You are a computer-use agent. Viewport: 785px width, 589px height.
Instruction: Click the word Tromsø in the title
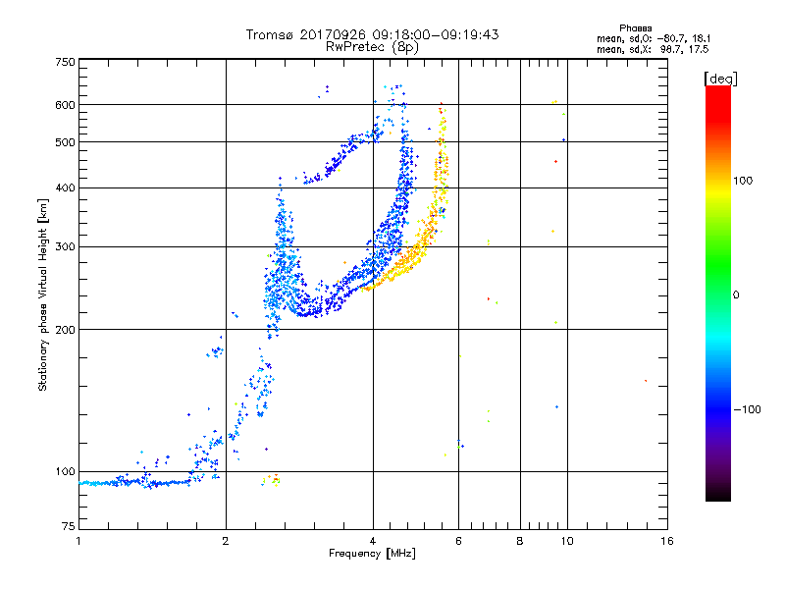(x=271, y=34)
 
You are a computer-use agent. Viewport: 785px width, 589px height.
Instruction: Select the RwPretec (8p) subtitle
(x=372, y=47)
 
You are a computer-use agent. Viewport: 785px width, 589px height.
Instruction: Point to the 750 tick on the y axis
(x=65, y=62)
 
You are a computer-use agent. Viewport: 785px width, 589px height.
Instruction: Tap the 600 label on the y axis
(x=65, y=105)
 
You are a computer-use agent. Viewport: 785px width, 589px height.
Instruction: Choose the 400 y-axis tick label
(x=65, y=187)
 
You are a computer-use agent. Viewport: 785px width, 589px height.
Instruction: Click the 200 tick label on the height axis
(x=65, y=330)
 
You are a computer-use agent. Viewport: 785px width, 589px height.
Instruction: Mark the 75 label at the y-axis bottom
(x=69, y=526)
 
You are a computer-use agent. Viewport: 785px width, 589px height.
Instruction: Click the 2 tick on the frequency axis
(x=226, y=541)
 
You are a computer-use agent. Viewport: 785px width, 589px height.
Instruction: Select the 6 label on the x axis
(x=458, y=541)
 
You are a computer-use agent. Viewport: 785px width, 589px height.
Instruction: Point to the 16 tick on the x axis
(x=667, y=541)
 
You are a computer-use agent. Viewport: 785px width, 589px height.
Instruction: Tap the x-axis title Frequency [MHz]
(x=372, y=554)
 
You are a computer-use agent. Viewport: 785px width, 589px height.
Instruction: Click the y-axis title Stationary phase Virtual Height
(x=42, y=295)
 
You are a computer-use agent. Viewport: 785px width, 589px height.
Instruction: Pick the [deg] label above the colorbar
(x=720, y=79)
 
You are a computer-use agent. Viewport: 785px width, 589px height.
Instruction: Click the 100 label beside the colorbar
(x=743, y=181)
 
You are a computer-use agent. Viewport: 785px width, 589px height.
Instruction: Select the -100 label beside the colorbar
(x=747, y=409)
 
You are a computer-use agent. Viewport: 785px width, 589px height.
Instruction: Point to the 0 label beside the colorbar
(x=736, y=295)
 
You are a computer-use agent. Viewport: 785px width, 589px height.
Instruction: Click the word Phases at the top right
(x=635, y=28)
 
